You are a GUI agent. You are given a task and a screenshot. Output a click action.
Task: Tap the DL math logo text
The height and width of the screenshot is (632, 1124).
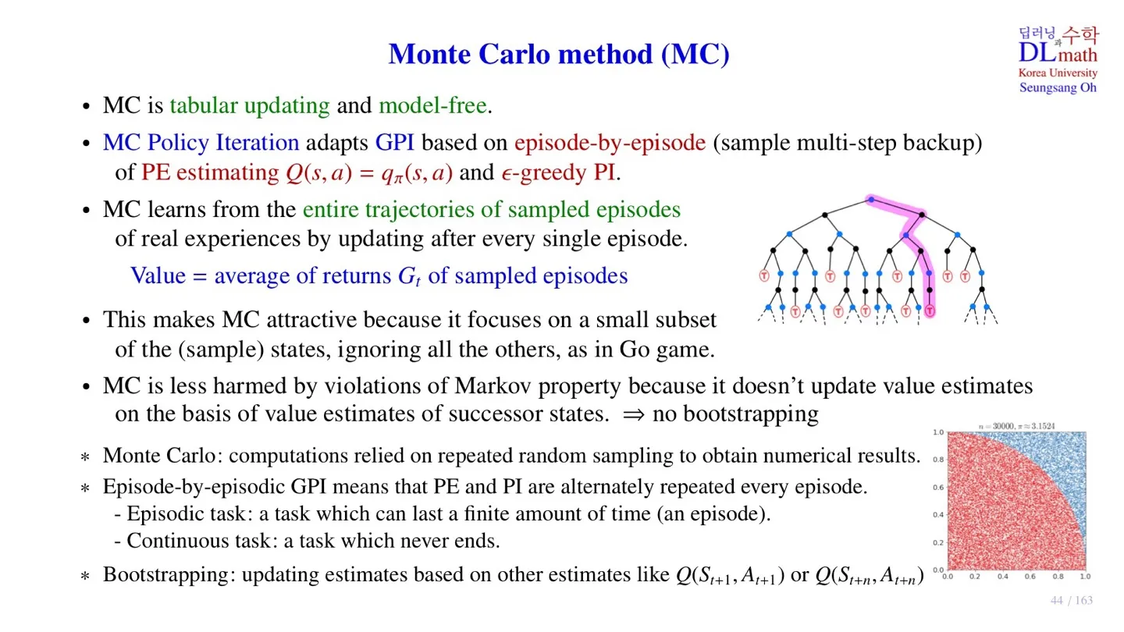(x=1058, y=53)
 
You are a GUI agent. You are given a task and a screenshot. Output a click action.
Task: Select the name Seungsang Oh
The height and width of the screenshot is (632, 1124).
(x=1058, y=87)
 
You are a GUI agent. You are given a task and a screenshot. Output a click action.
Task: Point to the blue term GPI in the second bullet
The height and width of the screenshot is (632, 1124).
(x=394, y=143)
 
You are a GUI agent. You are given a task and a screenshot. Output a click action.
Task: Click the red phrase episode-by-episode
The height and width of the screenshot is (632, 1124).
(x=610, y=143)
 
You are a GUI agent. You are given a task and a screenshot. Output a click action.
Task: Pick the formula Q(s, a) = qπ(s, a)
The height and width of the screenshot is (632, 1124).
(x=369, y=172)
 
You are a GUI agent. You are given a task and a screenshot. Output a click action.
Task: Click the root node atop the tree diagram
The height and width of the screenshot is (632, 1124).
(x=870, y=201)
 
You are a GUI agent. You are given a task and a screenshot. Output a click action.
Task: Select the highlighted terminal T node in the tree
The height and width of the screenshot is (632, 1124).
(x=930, y=311)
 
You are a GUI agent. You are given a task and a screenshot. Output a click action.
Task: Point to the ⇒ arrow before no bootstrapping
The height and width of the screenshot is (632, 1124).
(x=632, y=414)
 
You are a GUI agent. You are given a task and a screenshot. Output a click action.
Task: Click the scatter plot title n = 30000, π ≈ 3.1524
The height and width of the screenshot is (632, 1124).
(x=1018, y=425)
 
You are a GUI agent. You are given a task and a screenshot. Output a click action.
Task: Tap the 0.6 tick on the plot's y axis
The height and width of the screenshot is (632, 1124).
(x=938, y=487)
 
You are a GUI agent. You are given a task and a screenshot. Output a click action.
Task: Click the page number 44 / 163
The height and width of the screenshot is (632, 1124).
(x=1071, y=600)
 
